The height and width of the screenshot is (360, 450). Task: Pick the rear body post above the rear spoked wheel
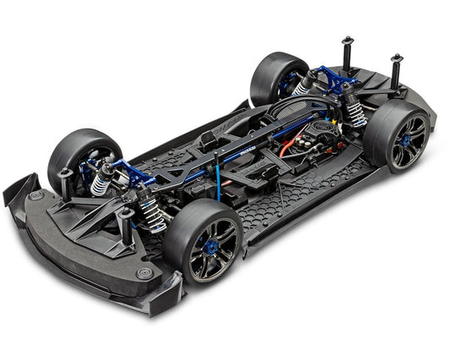click(x=395, y=70)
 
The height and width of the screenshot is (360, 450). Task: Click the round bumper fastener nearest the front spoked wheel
click(x=144, y=272)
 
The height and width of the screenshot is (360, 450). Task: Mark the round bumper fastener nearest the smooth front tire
click(x=35, y=195)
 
